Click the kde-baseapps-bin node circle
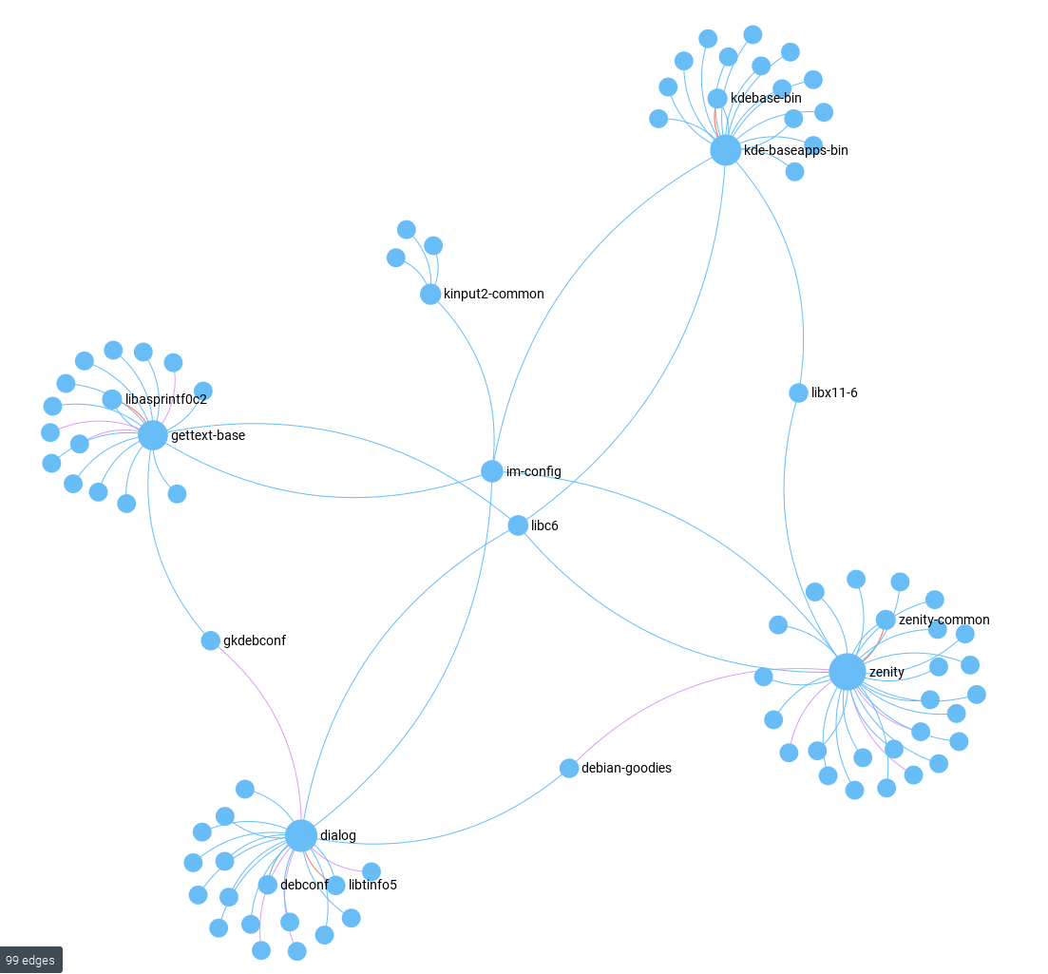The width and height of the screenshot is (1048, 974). [725, 149]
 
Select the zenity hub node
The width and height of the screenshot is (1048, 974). [847, 671]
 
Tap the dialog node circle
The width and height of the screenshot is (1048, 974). [300, 835]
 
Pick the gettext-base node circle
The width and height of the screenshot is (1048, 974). [152, 435]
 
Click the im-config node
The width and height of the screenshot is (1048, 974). [491, 471]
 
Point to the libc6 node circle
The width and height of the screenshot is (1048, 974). [518, 525]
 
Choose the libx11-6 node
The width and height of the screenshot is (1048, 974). [798, 392]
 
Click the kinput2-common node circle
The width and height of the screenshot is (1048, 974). [430, 294]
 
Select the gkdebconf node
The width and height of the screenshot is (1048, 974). [211, 640]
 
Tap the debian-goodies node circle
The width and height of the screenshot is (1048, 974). [569, 768]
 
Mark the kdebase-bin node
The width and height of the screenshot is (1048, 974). [717, 98]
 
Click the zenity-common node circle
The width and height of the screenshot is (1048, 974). [886, 620]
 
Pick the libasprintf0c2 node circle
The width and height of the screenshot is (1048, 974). [112, 399]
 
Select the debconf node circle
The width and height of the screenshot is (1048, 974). [268, 885]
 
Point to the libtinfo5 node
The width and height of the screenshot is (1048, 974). [335, 885]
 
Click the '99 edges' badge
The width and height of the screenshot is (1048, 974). [31, 960]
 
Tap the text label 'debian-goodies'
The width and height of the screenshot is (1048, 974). [626, 768]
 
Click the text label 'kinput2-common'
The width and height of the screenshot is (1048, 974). [494, 294]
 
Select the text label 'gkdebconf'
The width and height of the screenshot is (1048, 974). [255, 640]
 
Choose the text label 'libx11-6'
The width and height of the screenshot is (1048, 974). [834, 392]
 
